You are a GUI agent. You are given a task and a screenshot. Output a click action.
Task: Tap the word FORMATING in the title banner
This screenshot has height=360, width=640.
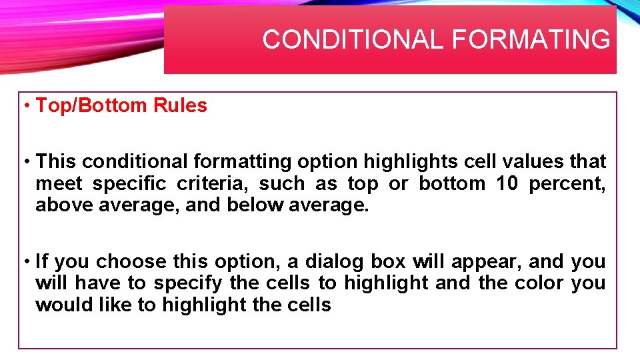coord(530,40)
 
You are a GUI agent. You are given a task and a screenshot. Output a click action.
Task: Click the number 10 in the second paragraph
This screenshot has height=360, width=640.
coord(507,183)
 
